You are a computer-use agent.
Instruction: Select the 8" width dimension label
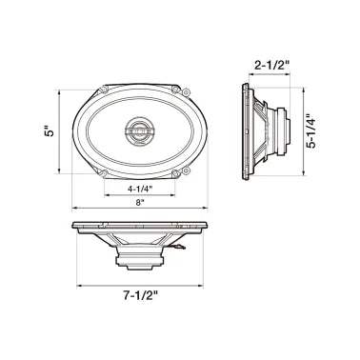point(139,203)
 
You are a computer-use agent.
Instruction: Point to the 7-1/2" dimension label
point(139,297)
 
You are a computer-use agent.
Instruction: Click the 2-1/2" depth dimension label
point(270,67)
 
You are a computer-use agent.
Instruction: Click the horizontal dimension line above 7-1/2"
point(139,283)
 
